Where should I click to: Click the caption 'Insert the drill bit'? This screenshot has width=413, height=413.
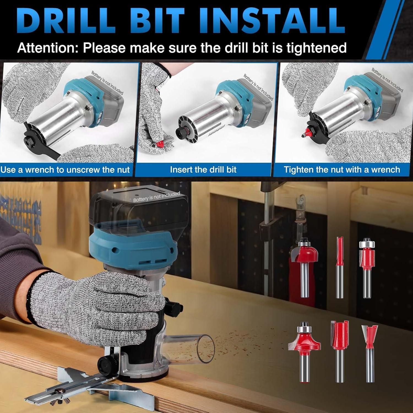203,169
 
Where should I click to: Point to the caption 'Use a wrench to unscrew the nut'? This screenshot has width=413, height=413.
65,170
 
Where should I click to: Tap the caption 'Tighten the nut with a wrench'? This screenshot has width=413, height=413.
342,169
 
